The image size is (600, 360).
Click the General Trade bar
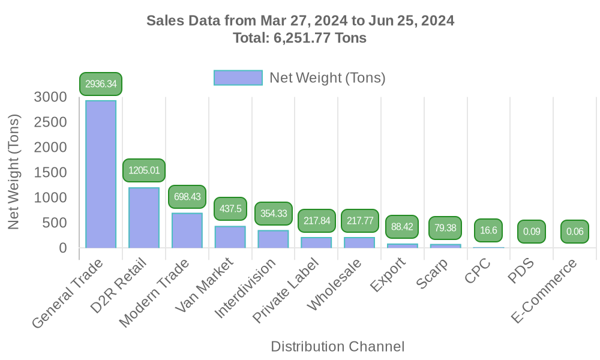coord(101,174)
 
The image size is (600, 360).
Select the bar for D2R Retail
coord(144,217)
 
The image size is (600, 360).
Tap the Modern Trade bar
coord(187,230)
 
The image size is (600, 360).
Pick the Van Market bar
coord(230,236)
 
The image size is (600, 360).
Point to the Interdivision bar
coord(273,239)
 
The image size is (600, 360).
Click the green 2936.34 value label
coord(101,84)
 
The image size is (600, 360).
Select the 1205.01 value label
coord(144,170)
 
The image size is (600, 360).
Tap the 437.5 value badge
coord(230,209)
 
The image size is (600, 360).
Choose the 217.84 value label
coord(316,221)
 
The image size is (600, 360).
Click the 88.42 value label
coord(403,227)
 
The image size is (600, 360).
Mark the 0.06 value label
coord(575,232)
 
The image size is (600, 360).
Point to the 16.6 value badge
coord(488,230)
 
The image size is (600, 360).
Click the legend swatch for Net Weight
coord(238,78)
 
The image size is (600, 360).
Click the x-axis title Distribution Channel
coord(337,346)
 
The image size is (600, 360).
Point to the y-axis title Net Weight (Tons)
coord(14,172)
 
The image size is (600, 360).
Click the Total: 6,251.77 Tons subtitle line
coord(300,38)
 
